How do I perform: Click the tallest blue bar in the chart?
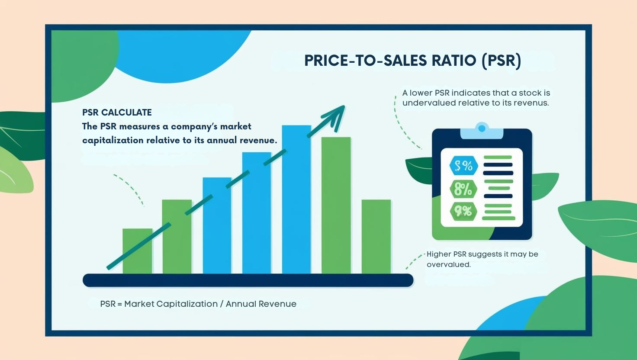point(296,199)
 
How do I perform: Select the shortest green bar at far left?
point(137,251)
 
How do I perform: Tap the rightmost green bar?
point(376,236)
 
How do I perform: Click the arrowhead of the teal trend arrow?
point(338,115)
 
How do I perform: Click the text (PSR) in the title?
point(501,61)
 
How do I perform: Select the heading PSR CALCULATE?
point(117,112)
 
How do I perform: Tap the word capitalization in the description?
point(113,140)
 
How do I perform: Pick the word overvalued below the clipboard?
point(448,264)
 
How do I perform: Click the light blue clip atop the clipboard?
point(482,131)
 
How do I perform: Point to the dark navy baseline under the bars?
point(248,280)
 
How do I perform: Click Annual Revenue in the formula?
point(261,304)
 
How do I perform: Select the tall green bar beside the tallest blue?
point(336,205)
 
